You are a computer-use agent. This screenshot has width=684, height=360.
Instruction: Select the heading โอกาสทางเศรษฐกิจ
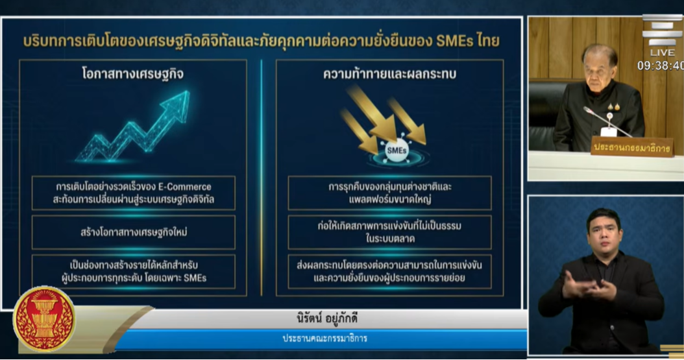point(132,74)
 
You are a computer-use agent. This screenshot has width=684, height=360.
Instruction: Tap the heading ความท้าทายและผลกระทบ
point(389,74)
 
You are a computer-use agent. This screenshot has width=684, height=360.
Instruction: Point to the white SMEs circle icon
point(397,150)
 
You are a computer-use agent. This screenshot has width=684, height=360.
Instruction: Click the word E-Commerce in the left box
point(184,187)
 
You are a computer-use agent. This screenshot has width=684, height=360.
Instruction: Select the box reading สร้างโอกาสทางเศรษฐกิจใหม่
point(134,232)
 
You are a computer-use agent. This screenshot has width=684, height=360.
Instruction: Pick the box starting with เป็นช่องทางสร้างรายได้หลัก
point(134,272)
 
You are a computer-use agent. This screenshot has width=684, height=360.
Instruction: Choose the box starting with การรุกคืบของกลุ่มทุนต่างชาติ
point(389,193)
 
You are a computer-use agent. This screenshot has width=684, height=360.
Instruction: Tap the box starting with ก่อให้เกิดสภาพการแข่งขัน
point(389,232)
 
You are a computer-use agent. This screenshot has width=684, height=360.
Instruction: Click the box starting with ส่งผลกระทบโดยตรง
point(389,272)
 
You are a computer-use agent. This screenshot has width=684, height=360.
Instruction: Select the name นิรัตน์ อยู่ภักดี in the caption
point(326,318)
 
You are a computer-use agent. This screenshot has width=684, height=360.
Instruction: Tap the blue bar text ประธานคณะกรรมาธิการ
point(325,339)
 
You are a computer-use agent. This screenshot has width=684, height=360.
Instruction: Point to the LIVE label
point(662,53)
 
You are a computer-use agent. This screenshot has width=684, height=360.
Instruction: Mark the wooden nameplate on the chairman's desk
point(633,147)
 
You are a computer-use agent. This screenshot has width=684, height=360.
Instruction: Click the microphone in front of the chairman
point(607,118)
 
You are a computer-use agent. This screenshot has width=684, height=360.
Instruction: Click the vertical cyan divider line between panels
point(262,178)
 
